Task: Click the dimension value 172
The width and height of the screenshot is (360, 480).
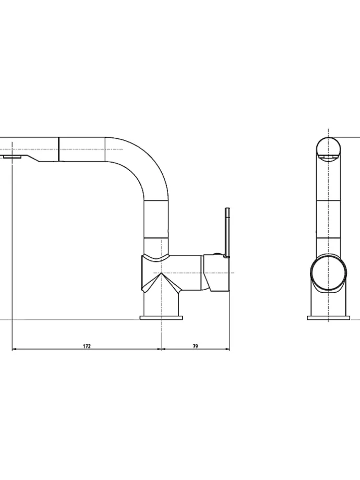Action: (x=87, y=346)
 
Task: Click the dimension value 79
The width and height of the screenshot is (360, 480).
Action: (x=196, y=346)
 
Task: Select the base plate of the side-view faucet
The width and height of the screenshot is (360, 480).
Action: (x=161, y=317)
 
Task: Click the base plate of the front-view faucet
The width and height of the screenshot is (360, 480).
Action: (x=328, y=317)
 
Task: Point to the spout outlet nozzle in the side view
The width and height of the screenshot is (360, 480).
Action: (x=12, y=157)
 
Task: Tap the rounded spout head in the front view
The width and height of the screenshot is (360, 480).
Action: (x=329, y=149)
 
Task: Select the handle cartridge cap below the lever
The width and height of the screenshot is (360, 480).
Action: (x=217, y=271)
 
